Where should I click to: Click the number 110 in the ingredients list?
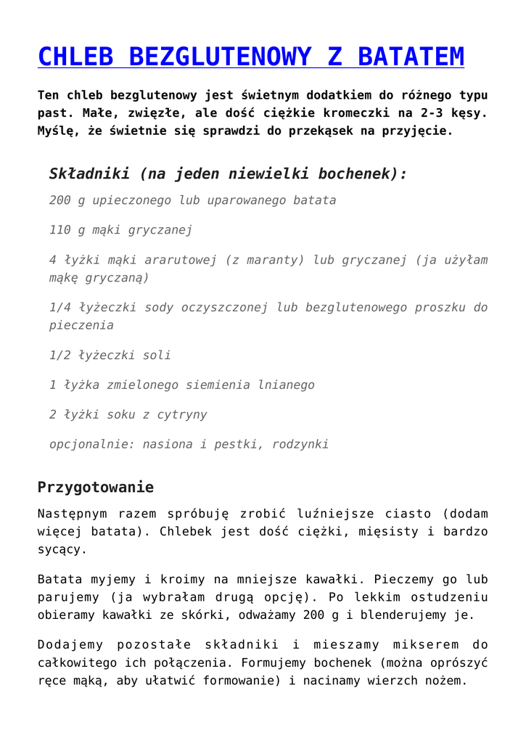[59, 230]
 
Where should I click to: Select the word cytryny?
[181, 414]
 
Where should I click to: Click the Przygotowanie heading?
[95, 486]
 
